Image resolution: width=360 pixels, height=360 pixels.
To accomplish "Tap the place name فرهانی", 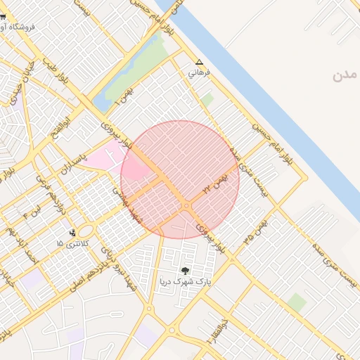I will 199,72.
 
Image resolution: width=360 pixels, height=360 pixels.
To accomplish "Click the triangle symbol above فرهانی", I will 199,62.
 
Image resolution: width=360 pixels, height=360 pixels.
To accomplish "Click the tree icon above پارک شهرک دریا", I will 185,270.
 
